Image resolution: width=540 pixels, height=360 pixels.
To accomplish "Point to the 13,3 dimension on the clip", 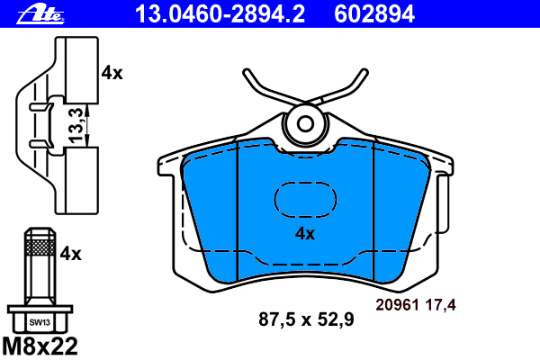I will (78, 125).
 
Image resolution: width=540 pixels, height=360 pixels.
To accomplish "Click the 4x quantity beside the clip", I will (112, 73).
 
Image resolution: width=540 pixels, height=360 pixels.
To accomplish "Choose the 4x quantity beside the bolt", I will (70, 255).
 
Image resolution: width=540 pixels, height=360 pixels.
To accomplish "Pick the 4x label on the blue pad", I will (304, 234).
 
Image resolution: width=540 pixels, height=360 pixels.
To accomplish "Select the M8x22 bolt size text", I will (40, 346).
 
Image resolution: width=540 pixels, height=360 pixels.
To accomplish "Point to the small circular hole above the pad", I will (305, 123).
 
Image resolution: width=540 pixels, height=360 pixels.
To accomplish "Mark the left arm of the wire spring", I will (261, 90).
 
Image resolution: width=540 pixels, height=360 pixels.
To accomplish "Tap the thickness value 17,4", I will (441, 305).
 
